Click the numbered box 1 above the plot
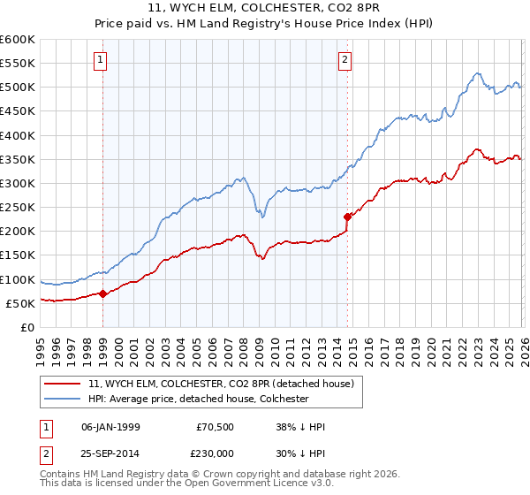coord(102,60)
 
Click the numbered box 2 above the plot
coord(344,60)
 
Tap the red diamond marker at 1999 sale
coord(102,293)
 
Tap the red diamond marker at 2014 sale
coord(347,216)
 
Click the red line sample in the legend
coord(64,384)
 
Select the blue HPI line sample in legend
coord(64,399)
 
